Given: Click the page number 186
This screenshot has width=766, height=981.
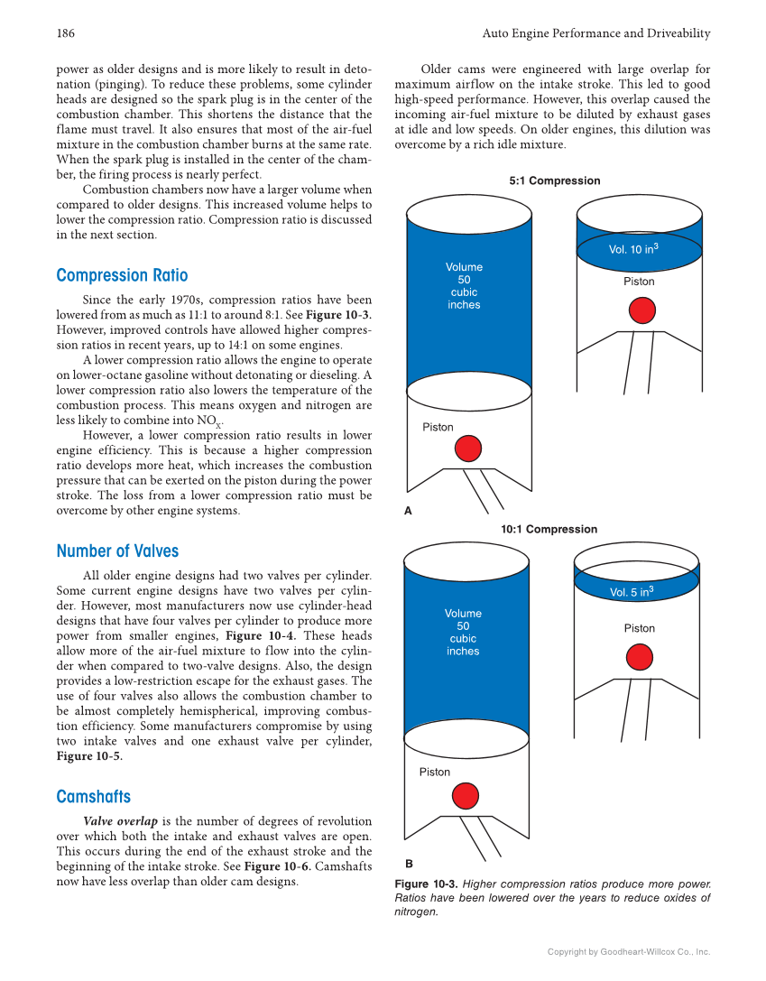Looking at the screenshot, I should point(65,33).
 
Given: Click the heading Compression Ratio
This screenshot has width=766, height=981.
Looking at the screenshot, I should point(122,275).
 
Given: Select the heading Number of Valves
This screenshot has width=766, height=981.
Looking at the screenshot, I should point(117,551).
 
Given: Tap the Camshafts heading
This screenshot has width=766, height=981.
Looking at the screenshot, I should point(93,797).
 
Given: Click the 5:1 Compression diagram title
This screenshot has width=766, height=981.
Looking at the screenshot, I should point(554,180).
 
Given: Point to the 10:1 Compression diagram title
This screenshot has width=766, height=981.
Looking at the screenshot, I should point(549,530).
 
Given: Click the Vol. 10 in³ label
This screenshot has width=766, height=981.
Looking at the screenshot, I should point(633,249).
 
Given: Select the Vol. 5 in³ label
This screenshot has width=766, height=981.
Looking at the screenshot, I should point(632,592).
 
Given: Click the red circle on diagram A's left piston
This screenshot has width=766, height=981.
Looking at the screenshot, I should point(467,449).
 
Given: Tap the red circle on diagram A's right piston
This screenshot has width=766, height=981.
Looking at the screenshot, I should point(641,310).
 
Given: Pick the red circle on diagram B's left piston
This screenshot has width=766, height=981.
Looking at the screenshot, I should point(465,795).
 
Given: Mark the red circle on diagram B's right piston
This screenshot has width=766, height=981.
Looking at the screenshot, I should point(639,656).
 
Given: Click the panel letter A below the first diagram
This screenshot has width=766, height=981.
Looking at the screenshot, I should point(408,511).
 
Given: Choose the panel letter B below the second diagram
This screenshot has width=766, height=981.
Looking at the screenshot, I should point(409,863).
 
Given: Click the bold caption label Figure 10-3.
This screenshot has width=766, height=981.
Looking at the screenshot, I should point(426,884).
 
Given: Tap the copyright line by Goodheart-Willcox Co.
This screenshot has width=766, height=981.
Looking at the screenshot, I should point(629,952).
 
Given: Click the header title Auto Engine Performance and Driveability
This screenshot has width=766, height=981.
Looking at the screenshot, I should point(596,33).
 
